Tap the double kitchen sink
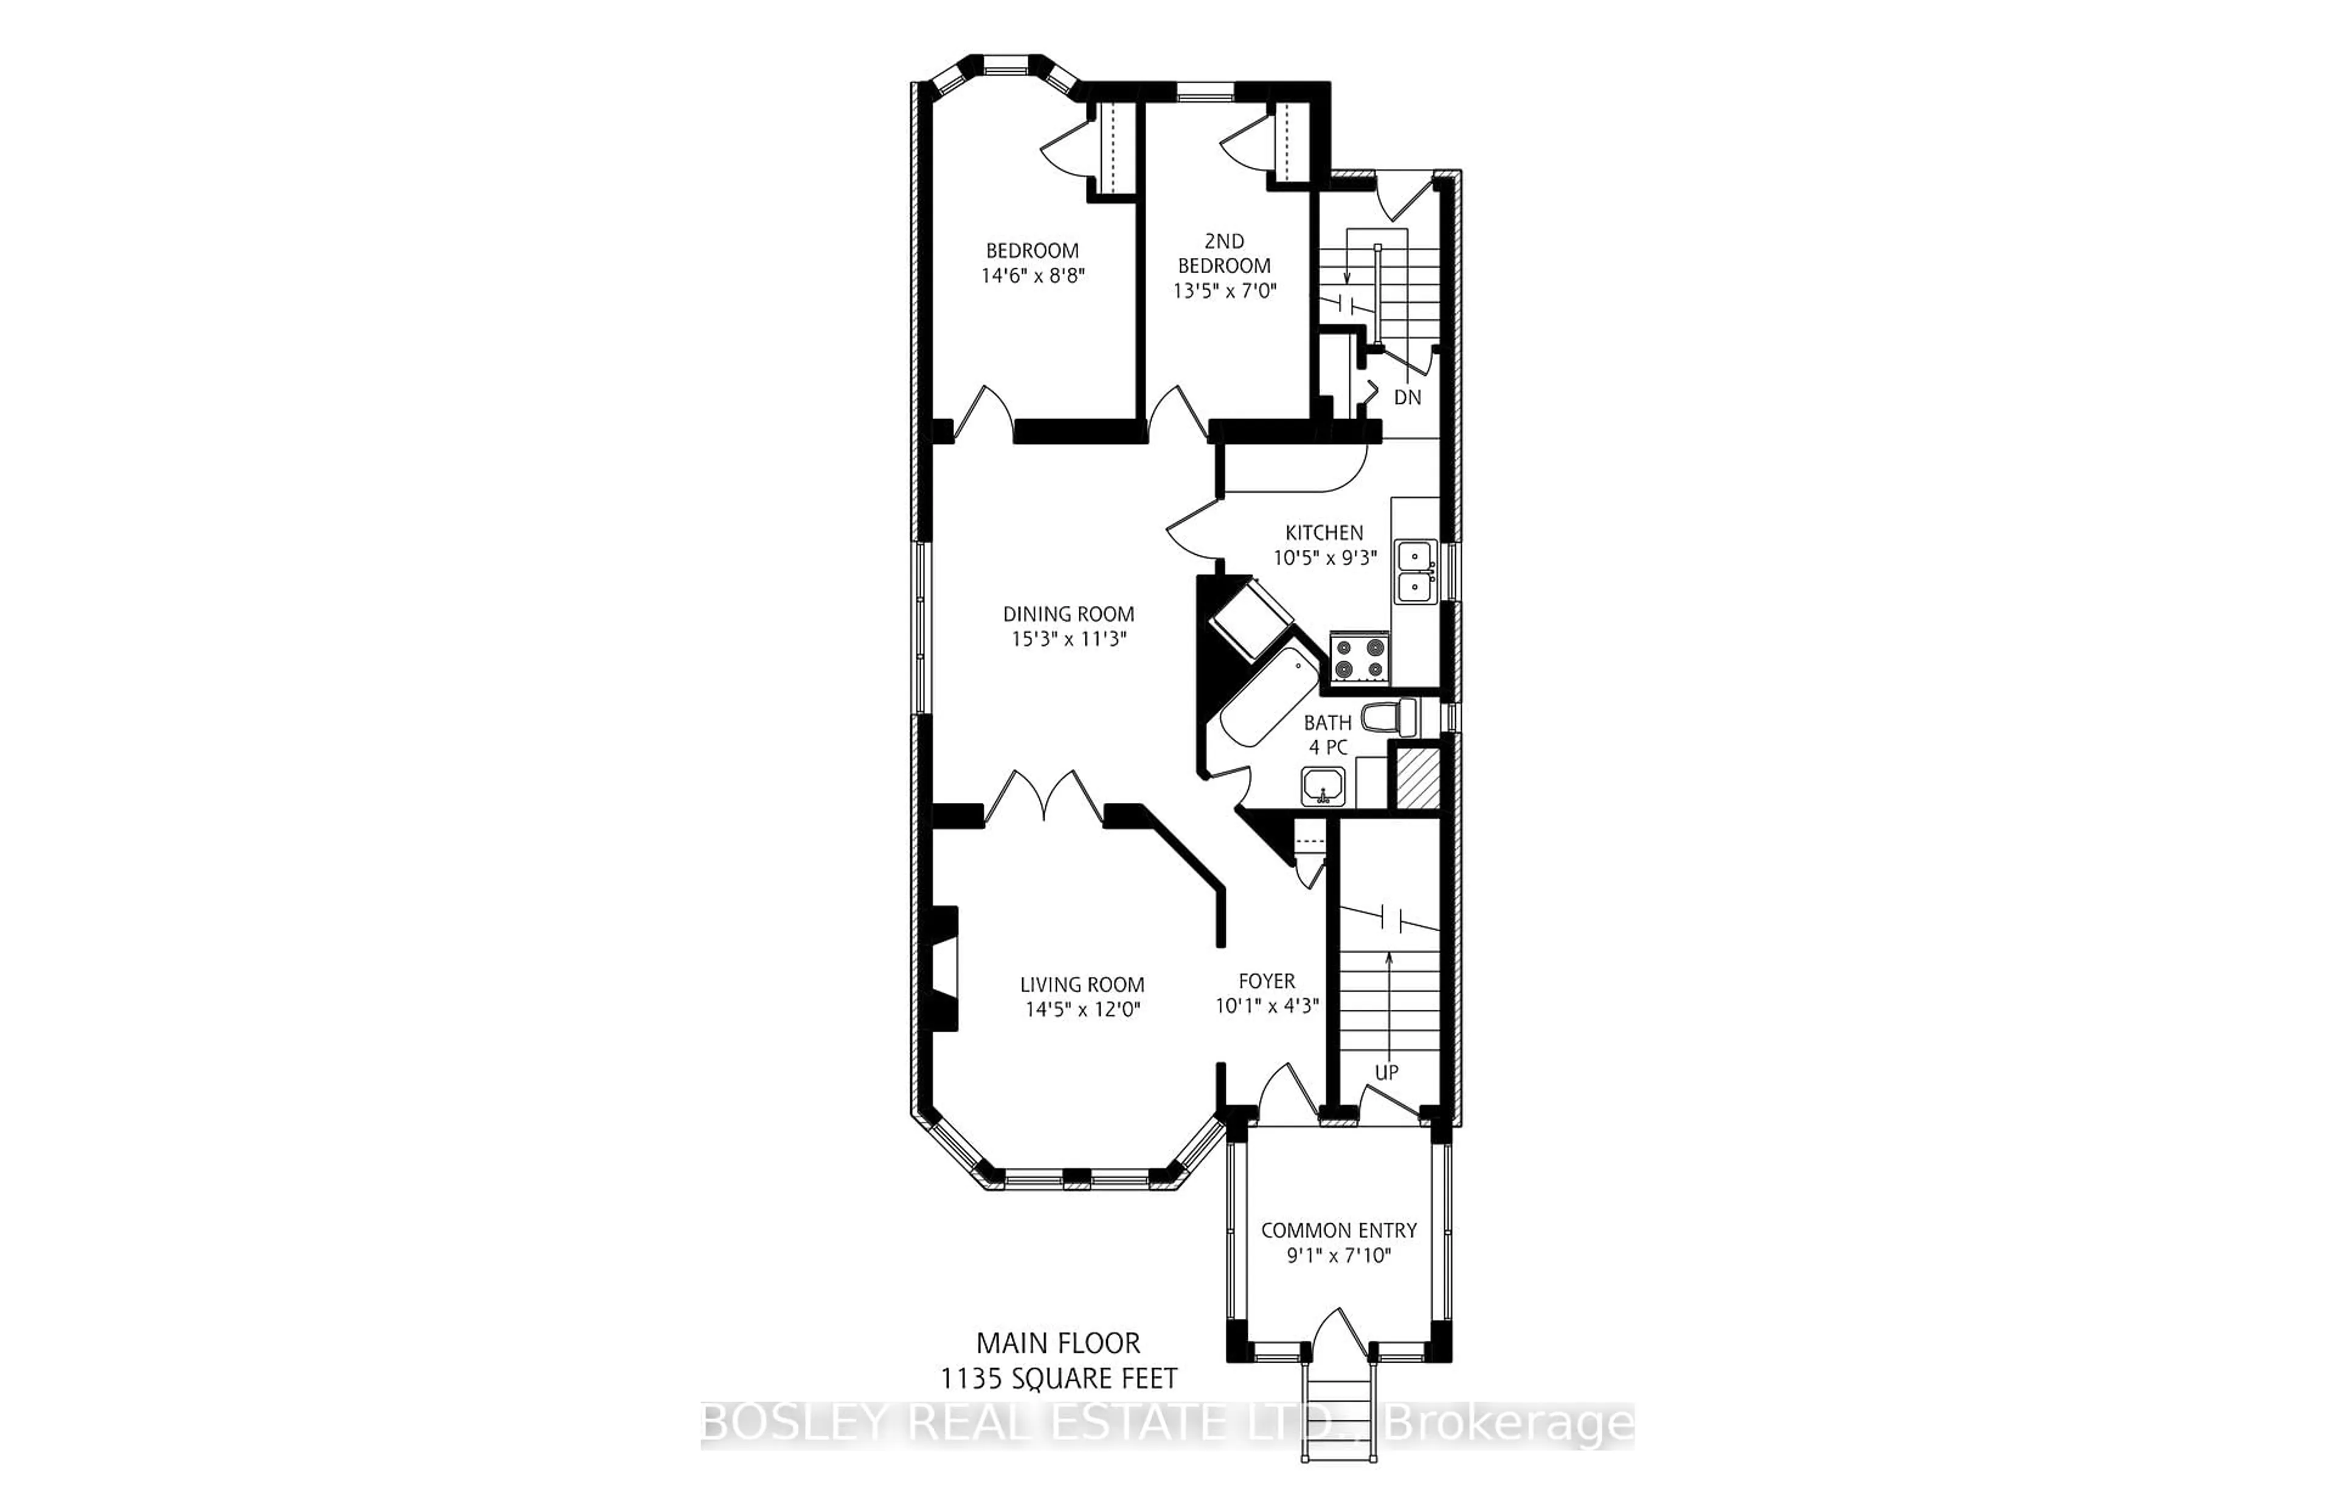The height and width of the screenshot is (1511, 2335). tap(1415, 571)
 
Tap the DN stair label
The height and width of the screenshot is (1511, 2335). tap(1407, 397)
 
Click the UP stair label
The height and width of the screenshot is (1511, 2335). tap(1386, 1072)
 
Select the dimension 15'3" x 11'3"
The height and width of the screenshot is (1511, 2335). tap(1068, 639)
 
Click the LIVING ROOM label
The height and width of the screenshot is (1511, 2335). tap(1082, 984)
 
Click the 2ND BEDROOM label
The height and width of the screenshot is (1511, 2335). tap(1224, 253)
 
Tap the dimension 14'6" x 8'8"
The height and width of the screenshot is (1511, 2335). tap(1033, 276)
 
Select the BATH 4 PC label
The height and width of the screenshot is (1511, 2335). tap(1328, 734)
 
